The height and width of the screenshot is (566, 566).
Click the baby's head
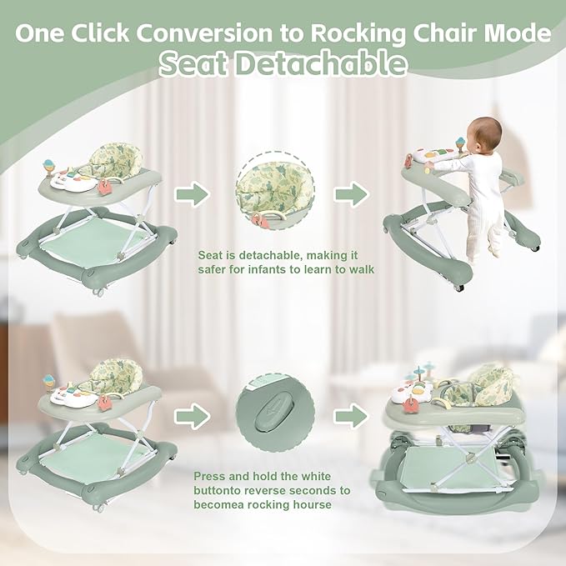(484, 133)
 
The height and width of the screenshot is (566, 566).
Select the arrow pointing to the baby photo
(350, 194)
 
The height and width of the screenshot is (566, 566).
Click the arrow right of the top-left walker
(192, 194)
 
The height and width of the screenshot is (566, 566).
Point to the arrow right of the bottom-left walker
(192, 415)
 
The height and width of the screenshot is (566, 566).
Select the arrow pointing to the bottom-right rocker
(350, 415)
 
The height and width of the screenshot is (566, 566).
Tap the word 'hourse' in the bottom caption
(310, 504)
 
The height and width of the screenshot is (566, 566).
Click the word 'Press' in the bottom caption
(210, 476)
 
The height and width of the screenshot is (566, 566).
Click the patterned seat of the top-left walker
(108, 158)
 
